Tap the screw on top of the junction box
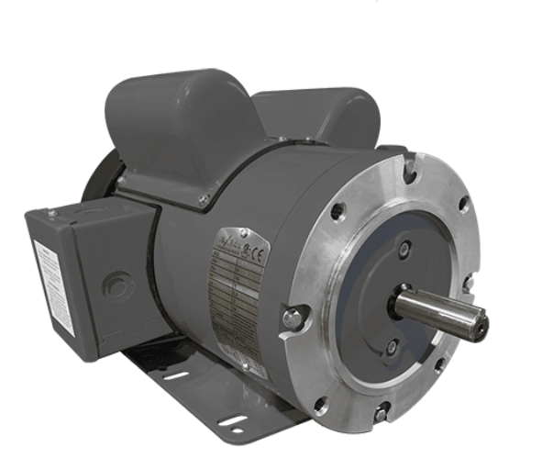tap(52, 214)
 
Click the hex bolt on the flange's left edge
tap(293, 318)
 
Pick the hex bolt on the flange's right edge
tap(470, 283)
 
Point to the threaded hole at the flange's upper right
tap(463, 204)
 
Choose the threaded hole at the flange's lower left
tap(320, 403)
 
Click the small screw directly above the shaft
tap(404, 249)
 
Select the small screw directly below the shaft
tap(393, 347)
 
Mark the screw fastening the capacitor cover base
tap(204, 199)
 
